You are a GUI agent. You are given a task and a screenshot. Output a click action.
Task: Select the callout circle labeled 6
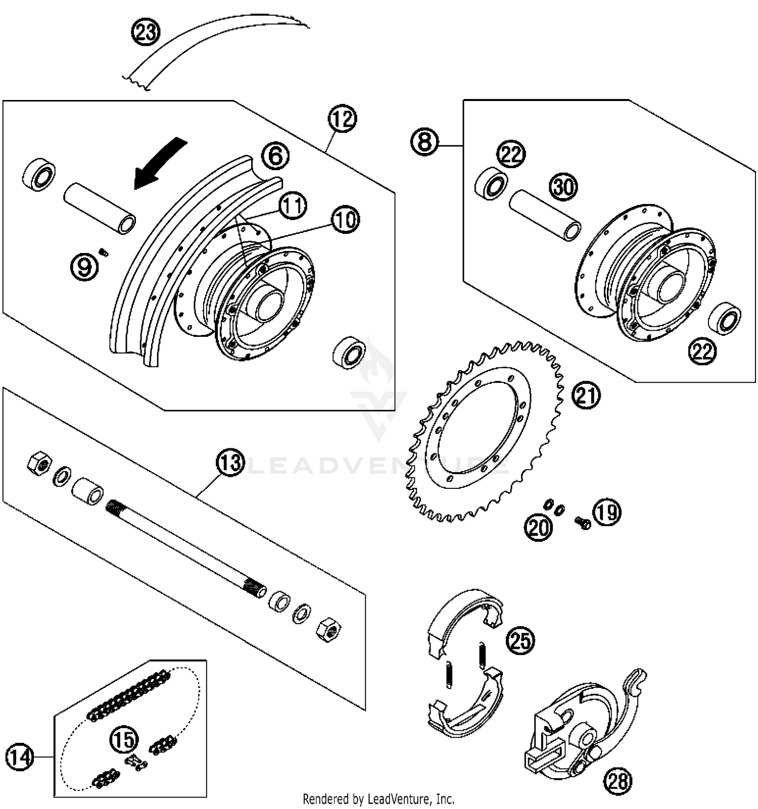click(275, 156)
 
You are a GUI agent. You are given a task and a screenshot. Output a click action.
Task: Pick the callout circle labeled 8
click(424, 142)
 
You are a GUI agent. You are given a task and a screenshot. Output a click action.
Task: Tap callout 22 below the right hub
click(703, 351)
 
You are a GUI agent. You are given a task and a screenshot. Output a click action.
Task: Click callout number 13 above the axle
click(230, 462)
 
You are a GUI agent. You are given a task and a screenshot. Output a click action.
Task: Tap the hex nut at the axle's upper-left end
click(39, 463)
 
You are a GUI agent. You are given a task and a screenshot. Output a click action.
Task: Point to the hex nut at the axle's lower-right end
click(328, 629)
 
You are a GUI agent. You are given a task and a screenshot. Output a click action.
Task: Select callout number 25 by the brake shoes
click(520, 640)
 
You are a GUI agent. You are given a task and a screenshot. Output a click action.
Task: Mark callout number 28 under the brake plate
click(618, 781)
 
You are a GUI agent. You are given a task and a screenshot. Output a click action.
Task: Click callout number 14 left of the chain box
click(20, 757)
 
